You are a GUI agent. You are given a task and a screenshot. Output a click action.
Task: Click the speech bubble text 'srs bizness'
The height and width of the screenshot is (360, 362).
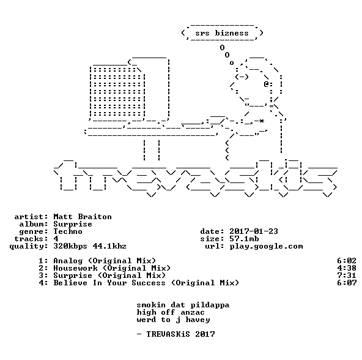pyautogui.click(x=222, y=33)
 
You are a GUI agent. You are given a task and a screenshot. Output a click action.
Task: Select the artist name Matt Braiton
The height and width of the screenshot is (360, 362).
pyautogui.click(x=83, y=217)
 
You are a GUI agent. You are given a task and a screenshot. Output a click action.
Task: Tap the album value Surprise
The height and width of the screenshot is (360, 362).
pyautogui.click(x=73, y=224)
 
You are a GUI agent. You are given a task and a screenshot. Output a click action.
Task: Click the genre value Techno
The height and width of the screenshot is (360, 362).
pyautogui.click(x=68, y=231)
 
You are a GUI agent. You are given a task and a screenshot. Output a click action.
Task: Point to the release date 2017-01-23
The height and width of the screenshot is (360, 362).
pyautogui.click(x=254, y=231)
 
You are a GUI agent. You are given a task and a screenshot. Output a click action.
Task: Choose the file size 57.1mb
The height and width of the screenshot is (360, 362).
pyautogui.click(x=244, y=239)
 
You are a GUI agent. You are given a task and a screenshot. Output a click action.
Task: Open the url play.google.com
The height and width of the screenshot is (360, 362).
pyautogui.click(x=266, y=247)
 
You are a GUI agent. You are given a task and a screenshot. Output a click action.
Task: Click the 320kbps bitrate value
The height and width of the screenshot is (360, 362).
pyautogui.click(x=70, y=247)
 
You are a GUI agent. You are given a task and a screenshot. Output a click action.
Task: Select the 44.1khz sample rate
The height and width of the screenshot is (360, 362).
pyautogui.click(x=109, y=246)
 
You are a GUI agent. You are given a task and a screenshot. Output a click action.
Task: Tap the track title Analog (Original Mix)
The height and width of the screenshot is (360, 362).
pyautogui.click(x=105, y=261)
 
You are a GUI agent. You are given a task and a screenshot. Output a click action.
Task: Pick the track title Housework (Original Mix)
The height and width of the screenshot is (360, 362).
pyautogui.click(x=112, y=268)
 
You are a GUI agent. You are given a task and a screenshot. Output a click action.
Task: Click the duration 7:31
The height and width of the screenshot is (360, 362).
pyautogui.click(x=347, y=276)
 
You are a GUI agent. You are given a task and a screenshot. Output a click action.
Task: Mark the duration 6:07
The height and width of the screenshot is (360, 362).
pyautogui.click(x=347, y=283)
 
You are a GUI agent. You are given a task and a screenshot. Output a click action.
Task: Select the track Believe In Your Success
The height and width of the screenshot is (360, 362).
pyautogui.click(x=109, y=283)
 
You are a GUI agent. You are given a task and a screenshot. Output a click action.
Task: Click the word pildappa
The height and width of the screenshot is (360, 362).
pyautogui.click(x=210, y=306)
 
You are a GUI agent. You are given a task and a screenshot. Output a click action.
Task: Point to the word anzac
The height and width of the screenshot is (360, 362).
pyautogui.click(x=193, y=313)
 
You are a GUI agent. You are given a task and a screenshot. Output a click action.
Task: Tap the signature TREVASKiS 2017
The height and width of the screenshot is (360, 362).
pyautogui.click(x=180, y=334)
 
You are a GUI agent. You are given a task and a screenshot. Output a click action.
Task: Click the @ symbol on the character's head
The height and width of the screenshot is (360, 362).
pyautogui.click(x=266, y=84)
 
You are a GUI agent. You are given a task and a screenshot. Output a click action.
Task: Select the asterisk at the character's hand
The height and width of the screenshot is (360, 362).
pyautogui.click(x=261, y=121)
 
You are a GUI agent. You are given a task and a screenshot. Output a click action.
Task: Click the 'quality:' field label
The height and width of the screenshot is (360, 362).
pyautogui.click(x=29, y=247)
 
